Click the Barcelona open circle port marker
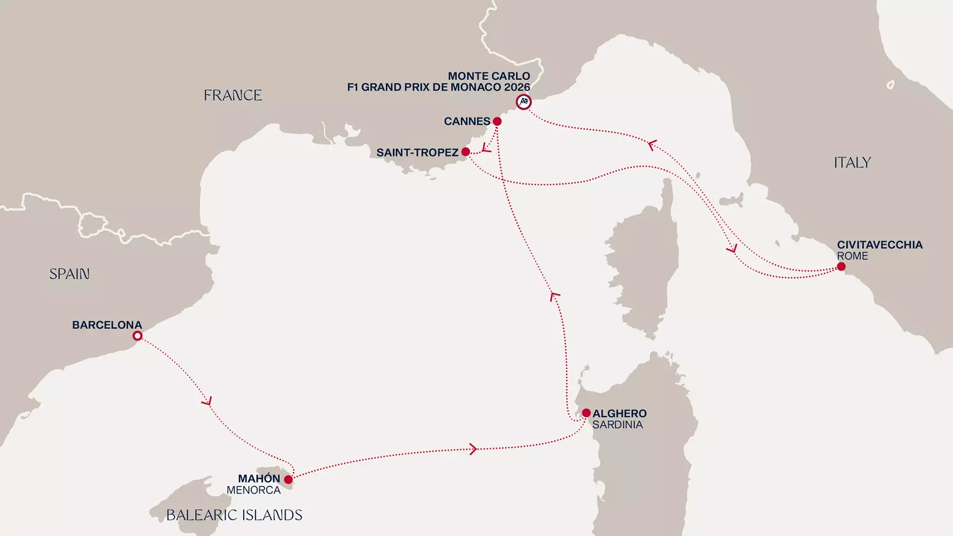[137, 336]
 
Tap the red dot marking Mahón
[288, 480]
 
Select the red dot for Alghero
[586, 413]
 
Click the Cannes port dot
[497, 121]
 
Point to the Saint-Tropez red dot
[465, 152]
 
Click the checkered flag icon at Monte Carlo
[523, 102]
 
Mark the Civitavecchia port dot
[841, 267]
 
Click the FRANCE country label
[232, 95]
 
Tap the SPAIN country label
[69, 274]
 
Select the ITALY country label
[852, 163]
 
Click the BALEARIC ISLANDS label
[234, 515]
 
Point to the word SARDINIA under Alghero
[617, 425]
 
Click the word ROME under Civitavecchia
[852, 256]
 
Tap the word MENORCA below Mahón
[254, 490]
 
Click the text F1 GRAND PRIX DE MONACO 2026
[438, 87]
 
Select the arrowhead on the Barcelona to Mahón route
[207, 401]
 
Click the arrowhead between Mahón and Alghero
[473, 449]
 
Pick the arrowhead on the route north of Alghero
[555, 297]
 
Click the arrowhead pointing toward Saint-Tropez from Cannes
[486, 148]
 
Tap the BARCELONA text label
[107, 325]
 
